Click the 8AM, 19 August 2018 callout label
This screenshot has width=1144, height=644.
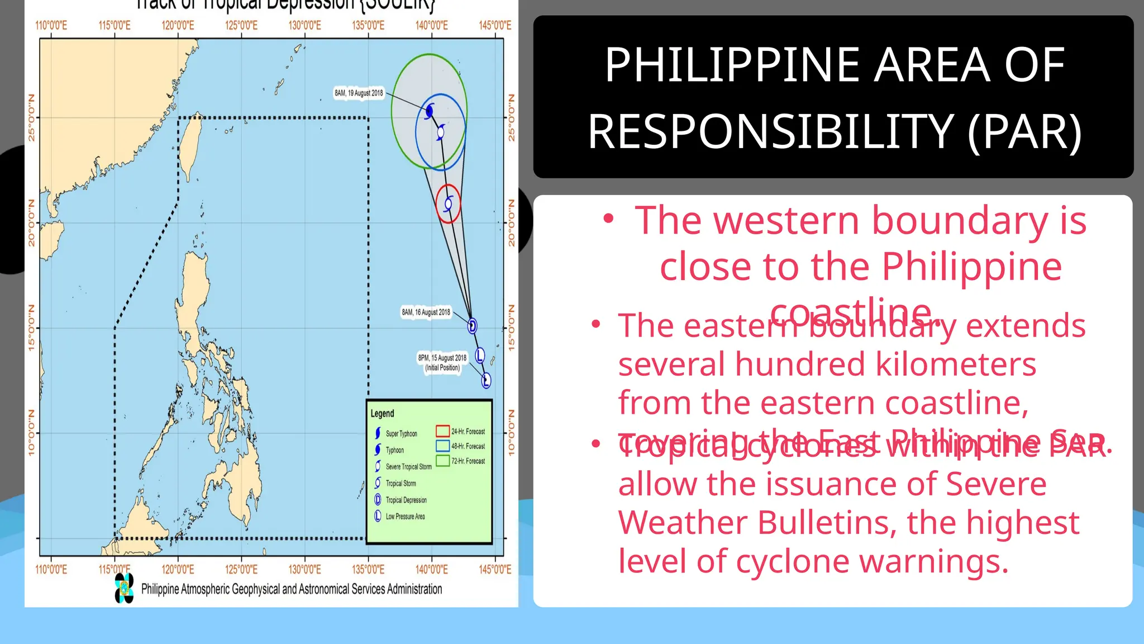(359, 93)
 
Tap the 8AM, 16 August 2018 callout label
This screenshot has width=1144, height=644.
(426, 312)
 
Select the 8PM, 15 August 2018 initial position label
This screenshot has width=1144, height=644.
(442, 362)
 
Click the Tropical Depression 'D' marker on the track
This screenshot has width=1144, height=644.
(472, 326)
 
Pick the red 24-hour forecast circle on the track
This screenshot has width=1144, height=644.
(448, 204)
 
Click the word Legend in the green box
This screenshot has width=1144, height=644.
(382, 414)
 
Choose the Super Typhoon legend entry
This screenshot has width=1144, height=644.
(401, 434)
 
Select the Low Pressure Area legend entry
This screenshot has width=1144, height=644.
(404, 517)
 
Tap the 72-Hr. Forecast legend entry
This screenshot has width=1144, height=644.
(468, 461)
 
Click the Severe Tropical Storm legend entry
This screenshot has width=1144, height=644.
(408, 467)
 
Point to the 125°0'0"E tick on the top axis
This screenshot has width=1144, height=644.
(241, 25)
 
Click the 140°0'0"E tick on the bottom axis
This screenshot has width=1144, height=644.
(431, 569)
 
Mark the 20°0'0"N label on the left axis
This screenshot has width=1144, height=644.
(31, 223)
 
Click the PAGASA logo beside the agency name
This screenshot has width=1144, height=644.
(124, 588)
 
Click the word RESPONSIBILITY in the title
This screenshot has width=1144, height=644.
(770, 132)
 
